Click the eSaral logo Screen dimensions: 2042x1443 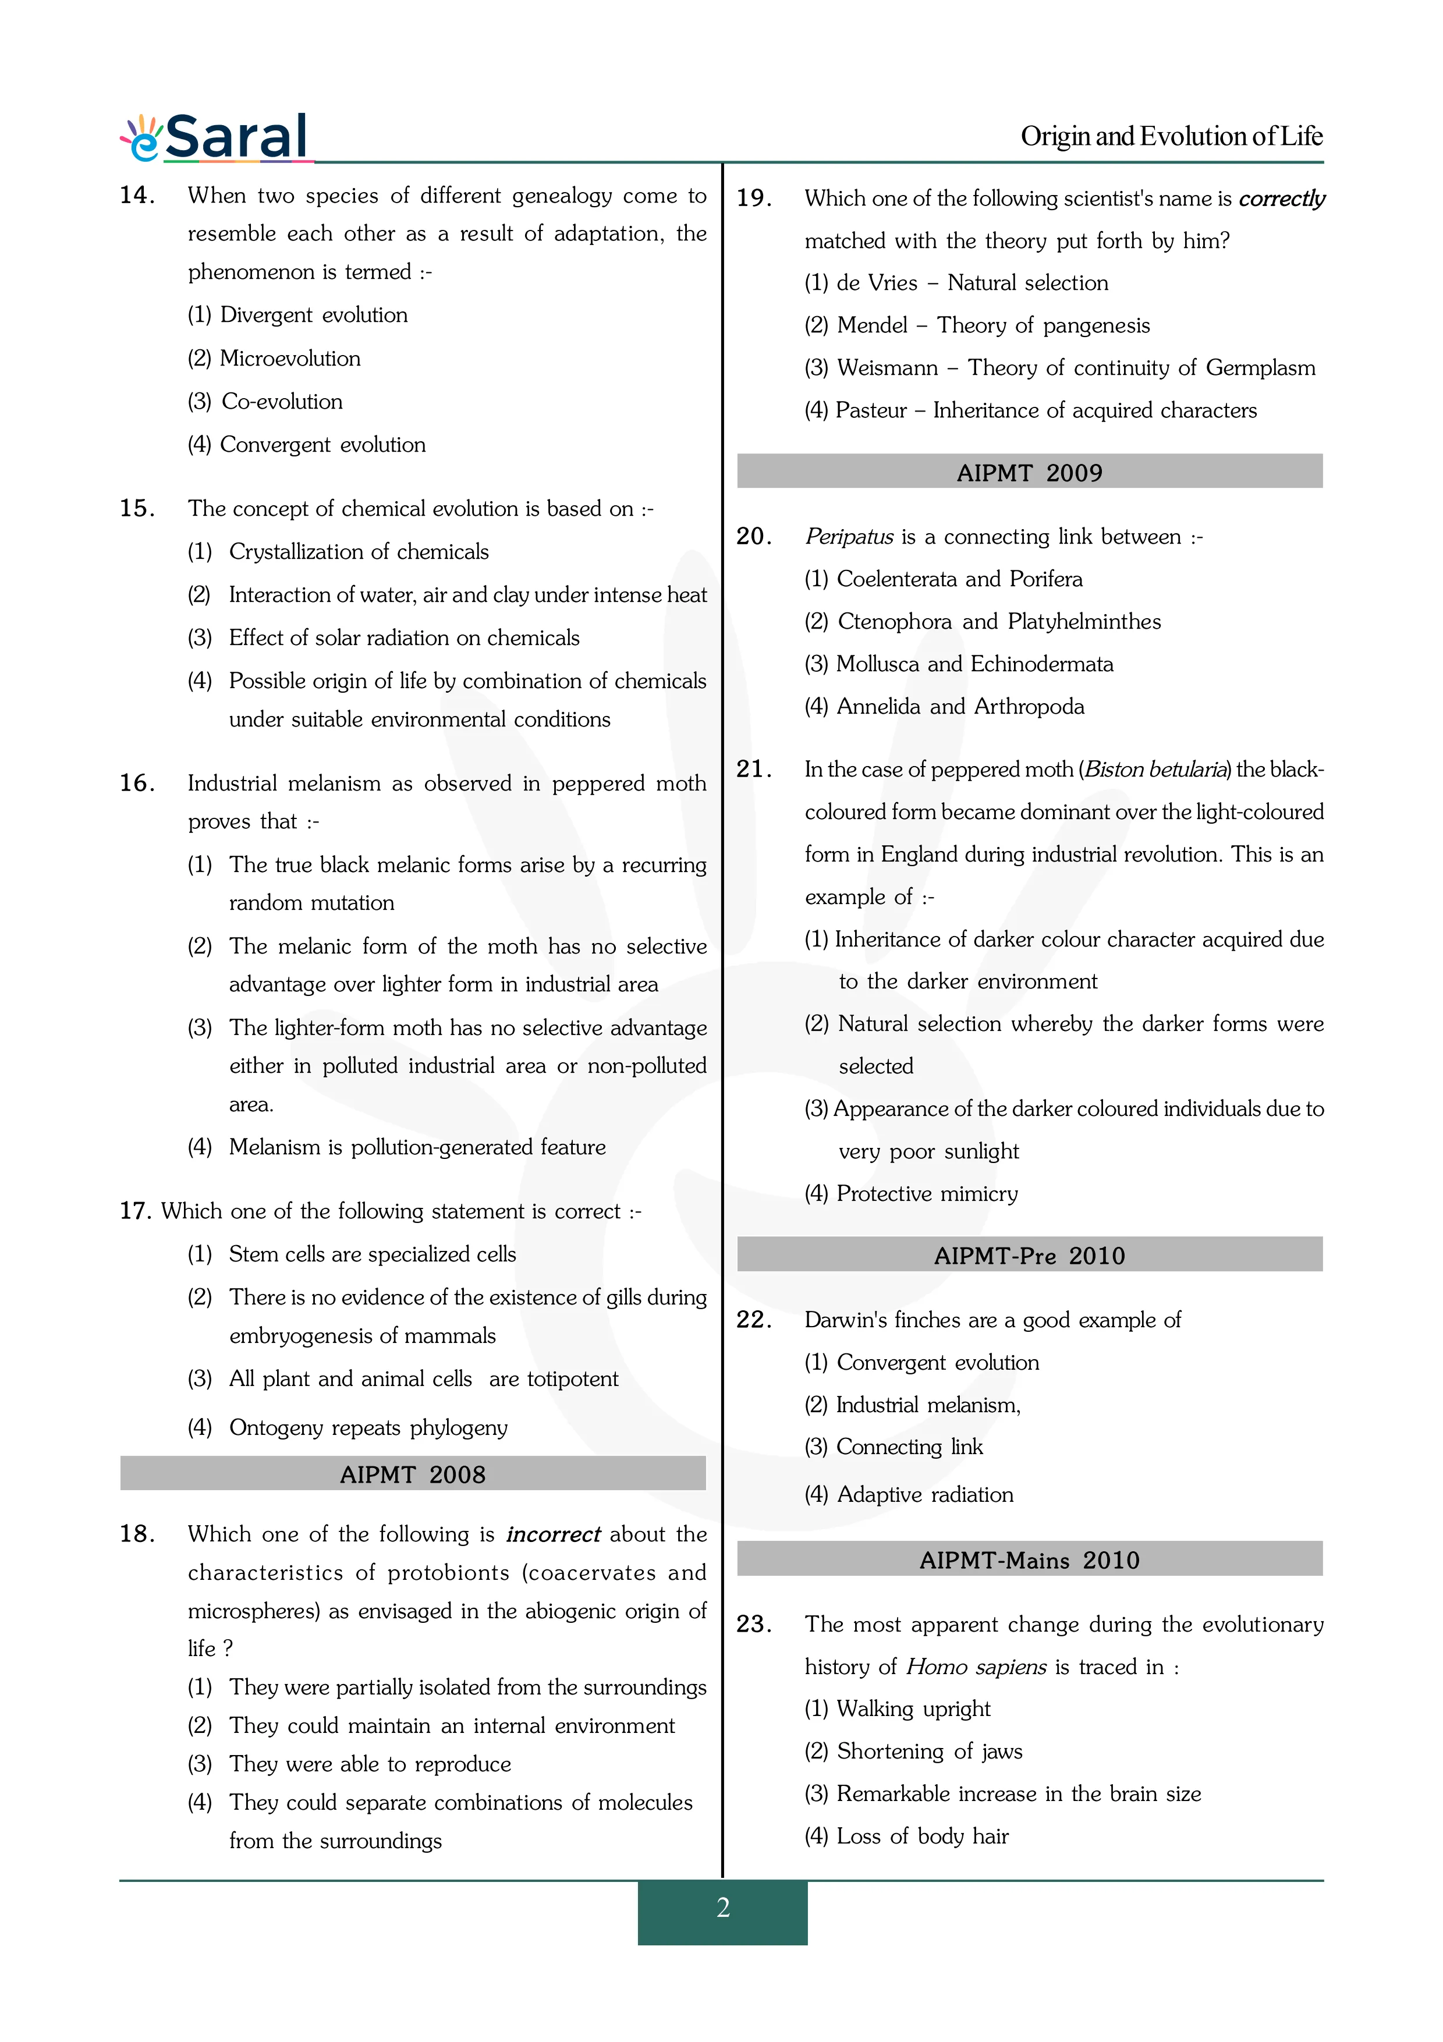(216, 138)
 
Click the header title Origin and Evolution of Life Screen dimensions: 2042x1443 (1171, 137)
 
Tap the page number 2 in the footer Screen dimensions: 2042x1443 (723, 1908)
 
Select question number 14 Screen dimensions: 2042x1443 (138, 196)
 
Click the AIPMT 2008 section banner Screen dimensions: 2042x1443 (413, 1474)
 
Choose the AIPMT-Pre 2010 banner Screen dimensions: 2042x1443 (1030, 1256)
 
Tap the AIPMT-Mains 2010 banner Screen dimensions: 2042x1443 (1030, 1560)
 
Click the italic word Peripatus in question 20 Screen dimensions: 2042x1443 (849, 537)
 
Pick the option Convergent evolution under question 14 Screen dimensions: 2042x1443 (322, 445)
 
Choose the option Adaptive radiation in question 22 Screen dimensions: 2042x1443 (925, 1494)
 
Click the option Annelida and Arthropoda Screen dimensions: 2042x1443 (960, 707)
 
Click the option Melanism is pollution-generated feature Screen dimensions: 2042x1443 (417, 1147)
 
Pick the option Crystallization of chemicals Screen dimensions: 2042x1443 (359, 552)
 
